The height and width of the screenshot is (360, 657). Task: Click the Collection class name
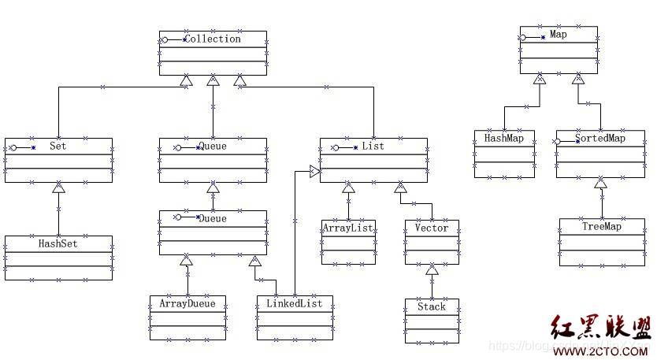pyautogui.click(x=213, y=39)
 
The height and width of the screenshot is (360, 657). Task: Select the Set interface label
pyautogui.click(x=58, y=146)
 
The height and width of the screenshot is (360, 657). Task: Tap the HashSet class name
pyautogui.click(x=58, y=243)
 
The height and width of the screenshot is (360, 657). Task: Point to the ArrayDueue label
pyautogui.click(x=187, y=302)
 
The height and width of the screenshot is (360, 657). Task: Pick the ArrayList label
pyautogui.click(x=347, y=228)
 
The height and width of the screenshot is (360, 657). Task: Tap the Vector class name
pyautogui.click(x=431, y=228)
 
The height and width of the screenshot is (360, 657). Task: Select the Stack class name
pyautogui.click(x=431, y=306)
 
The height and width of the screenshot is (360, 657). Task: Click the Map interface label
pyautogui.click(x=559, y=35)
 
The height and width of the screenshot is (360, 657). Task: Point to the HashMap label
pyautogui.click(x=504, y=138)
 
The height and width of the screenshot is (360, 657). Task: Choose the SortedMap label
pyautogui.click(x=600, y=138)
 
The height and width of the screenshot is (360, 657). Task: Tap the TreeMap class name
pyautogui.click(x=602, y=226)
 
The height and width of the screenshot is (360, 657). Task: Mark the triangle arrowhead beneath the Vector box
pyautogui.click(x=432, y=270)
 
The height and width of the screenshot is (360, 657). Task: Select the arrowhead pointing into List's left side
pyautogui.click(x=314, y=171)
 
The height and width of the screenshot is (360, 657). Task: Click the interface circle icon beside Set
pyautogui.click(x=13, y=147)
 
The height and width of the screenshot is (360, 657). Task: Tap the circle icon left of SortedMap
pyautogui.click(x=558, y=142)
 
